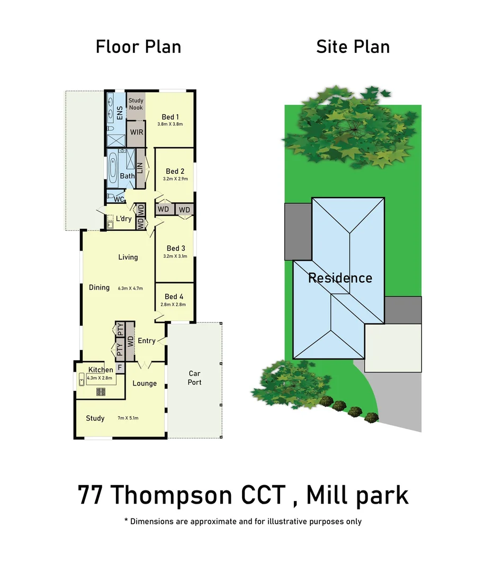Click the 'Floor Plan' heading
[138, 47]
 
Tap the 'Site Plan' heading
[353, 47]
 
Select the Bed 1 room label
[170, 117]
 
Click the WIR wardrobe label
[136, 131]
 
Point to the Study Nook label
[136, 104]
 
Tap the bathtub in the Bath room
[113, 168]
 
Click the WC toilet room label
[120, 199]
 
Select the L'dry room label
[124, 219]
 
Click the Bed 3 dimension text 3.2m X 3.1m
[176, 257]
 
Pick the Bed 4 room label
[174, 297]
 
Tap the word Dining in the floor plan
[99, 288]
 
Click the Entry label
[147, 341]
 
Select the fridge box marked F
[120, 367]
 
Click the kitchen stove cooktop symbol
[100, 392]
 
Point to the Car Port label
[194, 378]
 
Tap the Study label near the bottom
[95, 418]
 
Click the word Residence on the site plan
[340, 278]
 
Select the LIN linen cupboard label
[141, 168]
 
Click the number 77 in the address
[90, 496]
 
